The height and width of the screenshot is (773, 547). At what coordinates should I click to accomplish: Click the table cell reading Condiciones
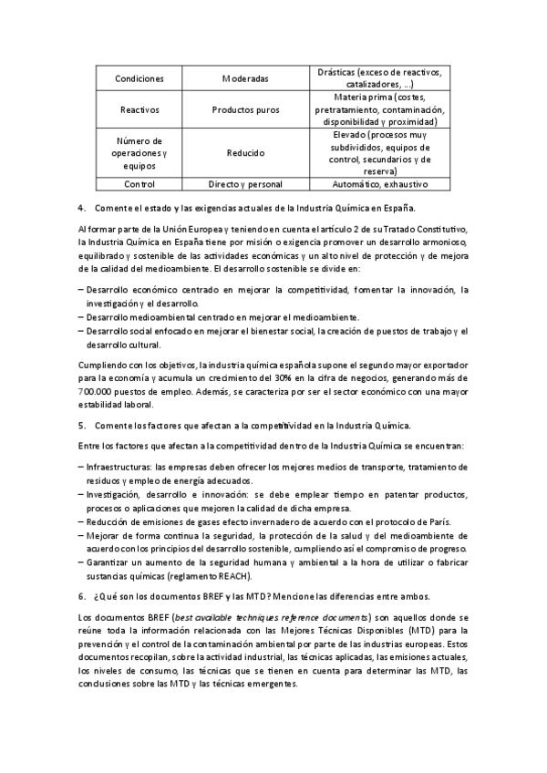click(x=139, y=78)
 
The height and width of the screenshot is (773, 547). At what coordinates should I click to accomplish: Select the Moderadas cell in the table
click(x=245, y=78)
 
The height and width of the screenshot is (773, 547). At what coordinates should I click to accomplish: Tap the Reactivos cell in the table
click(x=139, y=109)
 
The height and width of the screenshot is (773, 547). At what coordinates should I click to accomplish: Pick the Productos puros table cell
click(x=245, y=109)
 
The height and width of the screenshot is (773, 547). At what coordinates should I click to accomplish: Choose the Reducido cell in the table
click(x=245, y=153)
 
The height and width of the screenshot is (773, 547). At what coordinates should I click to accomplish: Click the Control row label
click(x=139, y=184)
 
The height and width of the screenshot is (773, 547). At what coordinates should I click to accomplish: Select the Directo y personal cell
click(x=245, y=184)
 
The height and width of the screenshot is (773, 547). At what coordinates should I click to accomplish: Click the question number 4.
click(x=81, y=208)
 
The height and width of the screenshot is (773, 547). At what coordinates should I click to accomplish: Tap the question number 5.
click(x=81, y=426)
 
